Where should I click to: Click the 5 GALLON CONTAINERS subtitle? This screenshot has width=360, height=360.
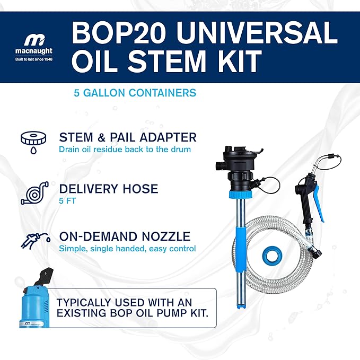[135, 93]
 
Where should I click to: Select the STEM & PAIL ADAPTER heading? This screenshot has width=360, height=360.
[127, 137]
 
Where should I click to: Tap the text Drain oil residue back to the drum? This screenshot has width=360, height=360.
[125, 149]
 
